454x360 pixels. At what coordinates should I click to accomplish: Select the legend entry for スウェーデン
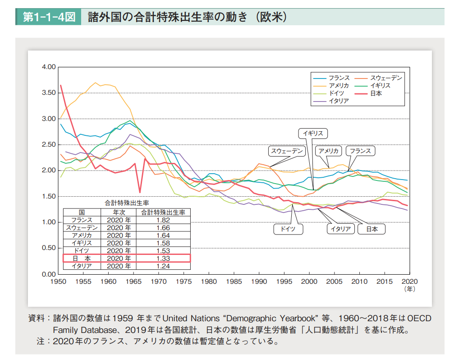[385, 78]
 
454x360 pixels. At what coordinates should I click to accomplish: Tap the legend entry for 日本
[376, 93]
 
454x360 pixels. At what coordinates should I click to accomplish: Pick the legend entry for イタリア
[339, 101]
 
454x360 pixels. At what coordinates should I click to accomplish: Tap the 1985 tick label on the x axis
[234, 282]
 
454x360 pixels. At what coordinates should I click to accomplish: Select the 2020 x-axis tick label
[409, 282]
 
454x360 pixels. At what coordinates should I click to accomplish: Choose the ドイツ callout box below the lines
[288, 229]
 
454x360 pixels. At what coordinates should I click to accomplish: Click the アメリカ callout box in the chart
[329, 151]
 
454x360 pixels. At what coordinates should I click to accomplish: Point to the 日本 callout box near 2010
[371, 229]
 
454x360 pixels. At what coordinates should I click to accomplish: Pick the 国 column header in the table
[82, 212]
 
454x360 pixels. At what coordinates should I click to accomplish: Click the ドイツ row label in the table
[82, 251]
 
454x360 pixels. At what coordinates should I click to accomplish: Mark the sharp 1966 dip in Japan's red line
[140, 192]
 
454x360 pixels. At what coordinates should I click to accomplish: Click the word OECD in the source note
[418, 318]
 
